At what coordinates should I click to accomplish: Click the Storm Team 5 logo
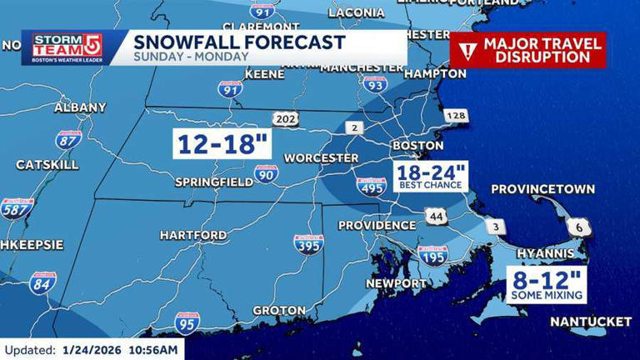67,47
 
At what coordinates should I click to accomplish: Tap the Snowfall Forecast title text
239,42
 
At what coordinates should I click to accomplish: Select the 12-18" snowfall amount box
222,142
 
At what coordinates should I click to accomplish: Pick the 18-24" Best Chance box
431,177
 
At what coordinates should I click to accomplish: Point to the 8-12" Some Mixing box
547,284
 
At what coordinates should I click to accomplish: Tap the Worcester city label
321,157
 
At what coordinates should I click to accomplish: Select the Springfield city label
214,182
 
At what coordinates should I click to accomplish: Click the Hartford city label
192,235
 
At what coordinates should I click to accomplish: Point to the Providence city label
377,225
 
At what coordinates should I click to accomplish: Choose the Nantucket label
590,321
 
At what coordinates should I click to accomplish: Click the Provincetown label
542,189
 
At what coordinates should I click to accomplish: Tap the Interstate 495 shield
372,187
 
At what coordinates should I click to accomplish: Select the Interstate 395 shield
308,244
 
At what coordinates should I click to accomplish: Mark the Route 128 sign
456,116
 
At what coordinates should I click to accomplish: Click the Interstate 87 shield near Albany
68,140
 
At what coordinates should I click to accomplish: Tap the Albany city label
80,107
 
